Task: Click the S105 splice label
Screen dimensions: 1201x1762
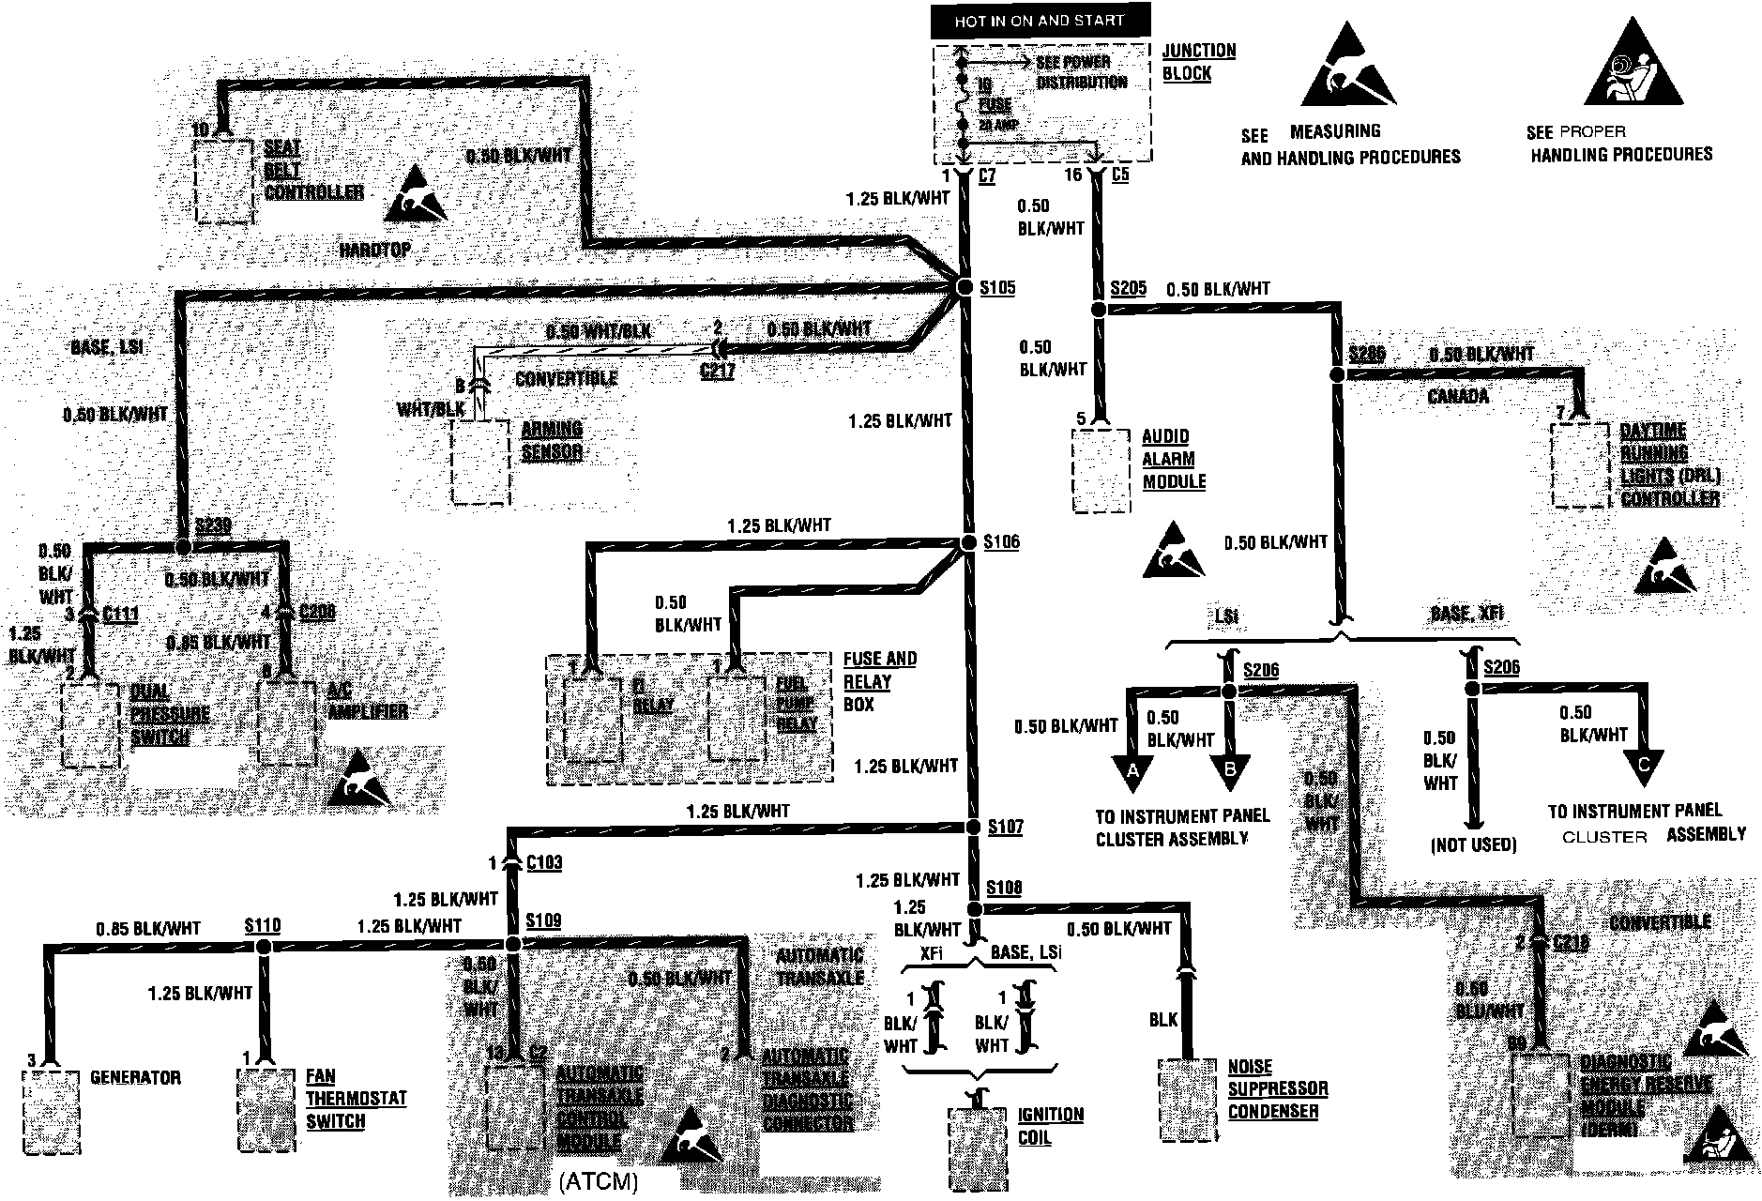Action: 997,287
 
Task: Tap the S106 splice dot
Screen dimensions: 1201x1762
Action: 969,543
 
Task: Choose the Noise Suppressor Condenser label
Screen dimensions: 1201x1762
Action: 1278,1089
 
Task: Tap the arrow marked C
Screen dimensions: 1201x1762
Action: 1643,763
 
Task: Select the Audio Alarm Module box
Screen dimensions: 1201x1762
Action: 1101,471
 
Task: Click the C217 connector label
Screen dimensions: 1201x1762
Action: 718,371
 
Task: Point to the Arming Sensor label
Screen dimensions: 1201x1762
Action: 552,441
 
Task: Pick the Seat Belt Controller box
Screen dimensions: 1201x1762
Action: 224,181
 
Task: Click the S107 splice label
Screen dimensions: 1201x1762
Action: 1006,828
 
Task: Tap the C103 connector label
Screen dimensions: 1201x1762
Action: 544,862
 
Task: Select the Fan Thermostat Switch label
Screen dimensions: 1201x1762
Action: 356,1099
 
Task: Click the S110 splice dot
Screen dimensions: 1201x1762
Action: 263,947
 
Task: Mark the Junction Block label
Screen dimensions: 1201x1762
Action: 1198,62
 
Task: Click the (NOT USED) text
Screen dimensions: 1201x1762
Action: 1473,844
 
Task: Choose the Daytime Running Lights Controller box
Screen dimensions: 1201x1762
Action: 1581,465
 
